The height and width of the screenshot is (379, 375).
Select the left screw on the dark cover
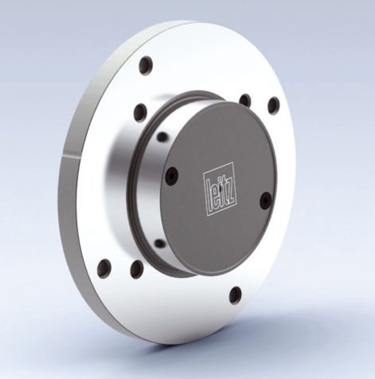[x=170, y=177]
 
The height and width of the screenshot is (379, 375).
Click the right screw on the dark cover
[x=265, y=200]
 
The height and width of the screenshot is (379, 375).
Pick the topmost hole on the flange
[x=146, y=66]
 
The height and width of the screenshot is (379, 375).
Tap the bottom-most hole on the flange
[x=235, y=294]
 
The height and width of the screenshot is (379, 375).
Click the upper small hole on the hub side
[x=162, y=138]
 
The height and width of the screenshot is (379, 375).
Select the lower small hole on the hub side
[x=161, y=244]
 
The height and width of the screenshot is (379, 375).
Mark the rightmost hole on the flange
[x=273, y=106]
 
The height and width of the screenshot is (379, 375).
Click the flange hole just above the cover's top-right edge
[x=245, y=101]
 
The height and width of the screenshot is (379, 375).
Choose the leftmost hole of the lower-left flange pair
[x=104, y=267]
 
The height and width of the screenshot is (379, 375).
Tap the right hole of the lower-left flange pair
[x=136, y=269]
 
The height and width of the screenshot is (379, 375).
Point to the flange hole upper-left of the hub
[x=141, y=112]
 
